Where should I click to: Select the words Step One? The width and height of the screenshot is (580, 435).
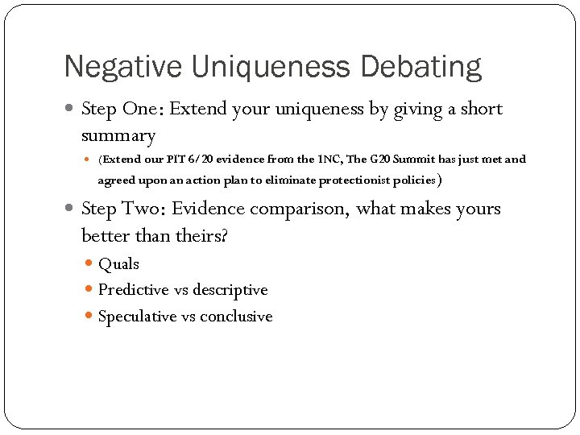click(119, 109)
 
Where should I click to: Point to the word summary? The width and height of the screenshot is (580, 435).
click(118, 135)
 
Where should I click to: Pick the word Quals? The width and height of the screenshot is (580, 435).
click(118, 264)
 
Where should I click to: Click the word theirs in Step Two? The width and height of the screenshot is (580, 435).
click(194, 235)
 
